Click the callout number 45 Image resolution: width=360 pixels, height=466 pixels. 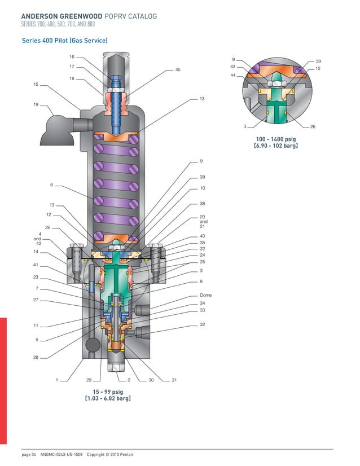(178, 69)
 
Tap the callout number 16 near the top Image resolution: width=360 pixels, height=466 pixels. (72, 57)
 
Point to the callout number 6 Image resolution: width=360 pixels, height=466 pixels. (51, 184)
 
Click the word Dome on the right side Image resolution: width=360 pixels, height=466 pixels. (205, 295)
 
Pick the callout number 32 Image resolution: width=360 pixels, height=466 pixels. (202, 325)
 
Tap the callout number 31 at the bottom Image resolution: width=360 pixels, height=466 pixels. (174, 380)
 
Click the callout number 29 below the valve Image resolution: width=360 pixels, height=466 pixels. (89, 380)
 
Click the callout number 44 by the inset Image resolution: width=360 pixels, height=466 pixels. (233, 75)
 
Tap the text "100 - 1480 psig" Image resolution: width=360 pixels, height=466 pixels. (276, 139)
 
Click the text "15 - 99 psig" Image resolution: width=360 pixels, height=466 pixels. (108, 392)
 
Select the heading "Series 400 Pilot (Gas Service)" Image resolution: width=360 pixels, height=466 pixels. (64, 41)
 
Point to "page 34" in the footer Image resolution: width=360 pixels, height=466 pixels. (29, 455)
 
